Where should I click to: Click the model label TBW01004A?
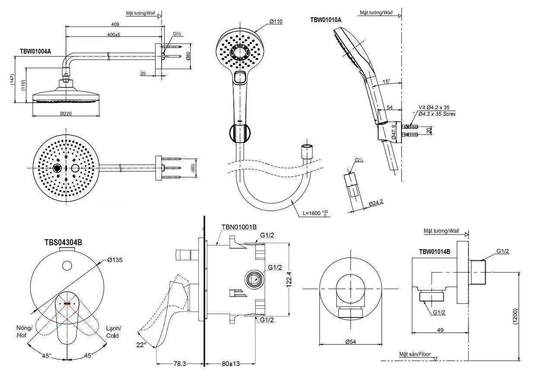pyautogui.click(x=35, y=51)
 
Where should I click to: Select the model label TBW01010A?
pyautogui.click(x=325, y=20)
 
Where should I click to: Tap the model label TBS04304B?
pyautogui.click(x=63, y=242)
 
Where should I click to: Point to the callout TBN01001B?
pyautogui.click(x=239, y=227)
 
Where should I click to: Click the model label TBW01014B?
pyautogui.click(x=434, y=251)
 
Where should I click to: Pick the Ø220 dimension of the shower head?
pyautogui.click(x=66, y=114)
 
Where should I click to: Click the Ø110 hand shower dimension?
pyautogui.click(x=276, y=21)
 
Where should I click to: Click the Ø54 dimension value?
pyautogui.click(x=350, y=341)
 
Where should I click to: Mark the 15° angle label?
pyautogui.click(x=386, y=81)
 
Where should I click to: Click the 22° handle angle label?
pyautogui.click(x=141, y=345)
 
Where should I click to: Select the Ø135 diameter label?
pyautogui.click(x=115, y=260)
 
